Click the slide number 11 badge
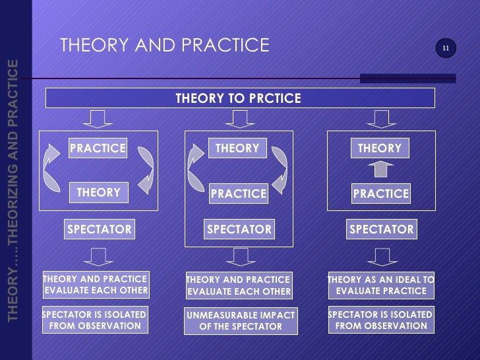pos(446,48)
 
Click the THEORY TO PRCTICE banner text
pos(239,99)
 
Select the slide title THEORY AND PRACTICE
pos(165,45)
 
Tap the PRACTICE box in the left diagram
pos(98,148)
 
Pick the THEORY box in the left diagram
pos(98,193)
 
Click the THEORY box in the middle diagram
pos(237,149)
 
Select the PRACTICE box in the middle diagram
pos(238,194)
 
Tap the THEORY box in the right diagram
pos(380,149)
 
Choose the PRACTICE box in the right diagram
pos(380,194)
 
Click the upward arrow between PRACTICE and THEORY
pos(380,170)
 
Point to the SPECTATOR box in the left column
pos(100,229)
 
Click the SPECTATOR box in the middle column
pos(239,229)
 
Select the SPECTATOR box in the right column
pos(381,229)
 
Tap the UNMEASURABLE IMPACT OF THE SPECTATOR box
pos(240,321)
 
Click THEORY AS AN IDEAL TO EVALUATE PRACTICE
pos(381,285)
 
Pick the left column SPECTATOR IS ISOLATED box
pos(95,320)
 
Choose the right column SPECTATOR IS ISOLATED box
pos(381,320)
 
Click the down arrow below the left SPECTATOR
pos(98,256)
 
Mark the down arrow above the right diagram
pos(380,119)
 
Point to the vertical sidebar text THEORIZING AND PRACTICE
pos(13,191)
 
